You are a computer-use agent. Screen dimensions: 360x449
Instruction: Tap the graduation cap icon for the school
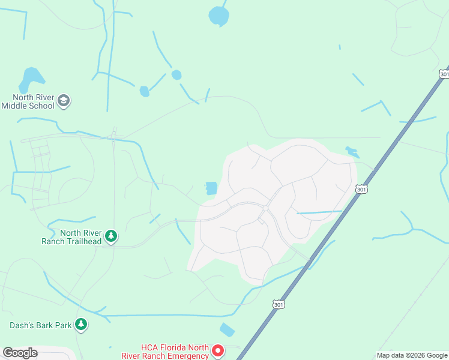[65, 101]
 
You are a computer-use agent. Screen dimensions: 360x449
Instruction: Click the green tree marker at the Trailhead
[110, 236]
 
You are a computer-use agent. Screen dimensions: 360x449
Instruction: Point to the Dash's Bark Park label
[40, 326]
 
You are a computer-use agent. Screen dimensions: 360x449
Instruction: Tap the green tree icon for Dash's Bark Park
[81, 325]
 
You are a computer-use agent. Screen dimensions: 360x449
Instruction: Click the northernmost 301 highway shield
[444, 73]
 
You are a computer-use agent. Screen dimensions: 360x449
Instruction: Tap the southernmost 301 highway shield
[277, 304]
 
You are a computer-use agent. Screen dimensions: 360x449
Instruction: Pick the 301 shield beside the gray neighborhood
[361, 189]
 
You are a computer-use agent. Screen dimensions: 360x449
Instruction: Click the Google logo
[20, 353]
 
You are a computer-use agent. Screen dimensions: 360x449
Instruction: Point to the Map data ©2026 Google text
[411, 355]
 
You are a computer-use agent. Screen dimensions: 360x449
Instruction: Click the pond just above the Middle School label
[31, 78]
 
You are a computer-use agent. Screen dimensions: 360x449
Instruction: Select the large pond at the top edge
[219, 16]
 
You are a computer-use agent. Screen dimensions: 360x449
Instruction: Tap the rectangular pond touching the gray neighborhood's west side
[211, 188]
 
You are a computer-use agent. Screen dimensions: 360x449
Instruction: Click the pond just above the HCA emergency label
[228, 330]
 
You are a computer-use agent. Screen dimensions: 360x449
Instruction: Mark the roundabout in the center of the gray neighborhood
[265, 208]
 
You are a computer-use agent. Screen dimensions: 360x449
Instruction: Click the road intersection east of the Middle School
[113, 137]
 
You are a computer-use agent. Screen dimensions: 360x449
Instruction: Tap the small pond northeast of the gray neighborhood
[352, 152]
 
